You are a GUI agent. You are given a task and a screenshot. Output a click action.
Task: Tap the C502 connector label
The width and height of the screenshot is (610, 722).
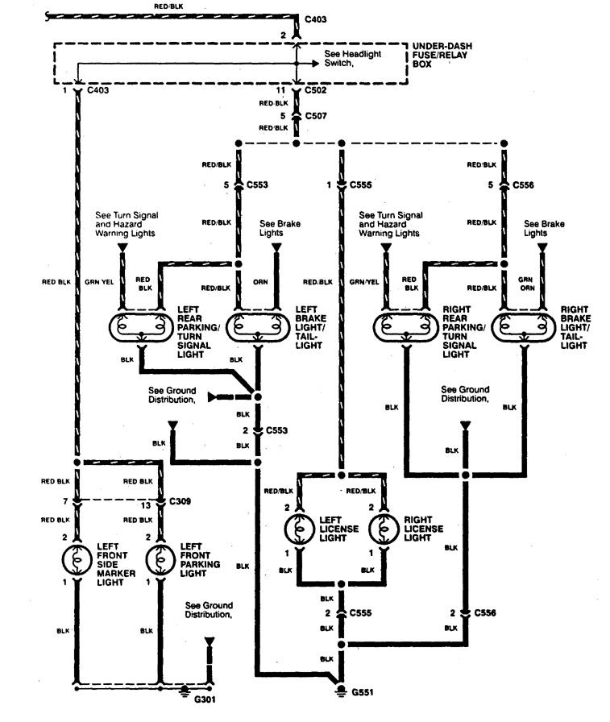[317, 91]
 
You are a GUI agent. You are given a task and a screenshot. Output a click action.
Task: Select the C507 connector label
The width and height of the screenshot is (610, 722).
[317, 115]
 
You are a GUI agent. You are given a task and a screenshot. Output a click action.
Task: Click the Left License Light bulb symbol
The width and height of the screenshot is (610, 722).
[299, 532]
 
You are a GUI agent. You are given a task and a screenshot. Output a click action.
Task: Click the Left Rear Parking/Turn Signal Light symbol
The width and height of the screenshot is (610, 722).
[140, 328]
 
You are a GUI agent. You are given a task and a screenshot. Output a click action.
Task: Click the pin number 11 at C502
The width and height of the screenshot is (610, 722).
[281, 91]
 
